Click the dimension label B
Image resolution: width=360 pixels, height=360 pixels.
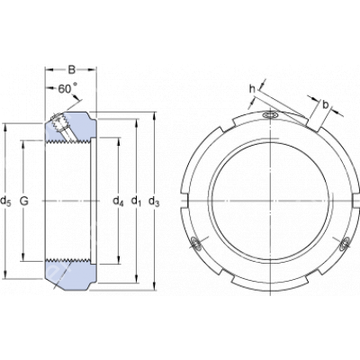click(x=71, y=70)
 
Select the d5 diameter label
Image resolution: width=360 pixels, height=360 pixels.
click(x=5, y=202)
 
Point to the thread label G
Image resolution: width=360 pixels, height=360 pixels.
click(x=23, y=201)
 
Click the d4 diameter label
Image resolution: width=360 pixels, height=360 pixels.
click(x=118, y=202)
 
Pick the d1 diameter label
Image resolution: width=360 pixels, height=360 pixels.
click(x=136, y=202)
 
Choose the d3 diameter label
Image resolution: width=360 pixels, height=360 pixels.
click(x=154, y=202)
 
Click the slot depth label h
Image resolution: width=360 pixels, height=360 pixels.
click(x=252, y=89)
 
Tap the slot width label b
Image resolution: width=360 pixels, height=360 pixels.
click(x=326, y=104)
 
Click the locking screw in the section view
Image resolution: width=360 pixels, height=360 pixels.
click(x=64, y=126)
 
